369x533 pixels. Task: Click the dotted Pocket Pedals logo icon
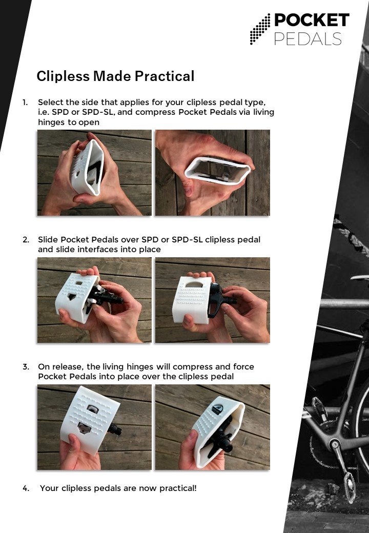[260, 29]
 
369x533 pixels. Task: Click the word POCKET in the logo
[312, 20]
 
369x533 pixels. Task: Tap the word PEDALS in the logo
[308, 39]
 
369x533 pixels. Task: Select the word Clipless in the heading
[63, 76]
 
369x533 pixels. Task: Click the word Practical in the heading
[165, 76]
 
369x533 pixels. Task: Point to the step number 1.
[25, 102]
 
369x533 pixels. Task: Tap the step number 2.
[26, 240]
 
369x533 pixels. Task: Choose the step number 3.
[26, 367]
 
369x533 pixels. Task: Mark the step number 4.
[26, 488]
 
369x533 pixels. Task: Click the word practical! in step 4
[178, 488]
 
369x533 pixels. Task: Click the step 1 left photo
[94, 173]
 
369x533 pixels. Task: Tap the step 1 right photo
[212, 173]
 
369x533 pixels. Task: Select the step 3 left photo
[94, 427]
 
